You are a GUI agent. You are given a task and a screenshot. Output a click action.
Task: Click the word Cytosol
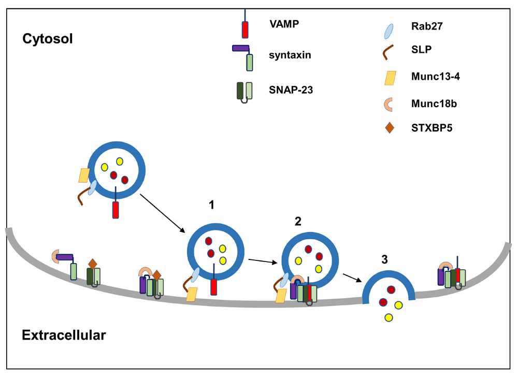(47, 38)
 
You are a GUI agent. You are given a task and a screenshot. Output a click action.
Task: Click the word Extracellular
(64, 335)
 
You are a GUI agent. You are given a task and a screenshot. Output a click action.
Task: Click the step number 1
(211, 206)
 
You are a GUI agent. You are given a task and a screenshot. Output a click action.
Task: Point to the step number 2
(297, 223)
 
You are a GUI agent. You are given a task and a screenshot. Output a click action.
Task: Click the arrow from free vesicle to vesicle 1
(163, 213)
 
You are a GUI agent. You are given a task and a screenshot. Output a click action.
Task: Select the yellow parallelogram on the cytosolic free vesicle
(84, 175)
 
